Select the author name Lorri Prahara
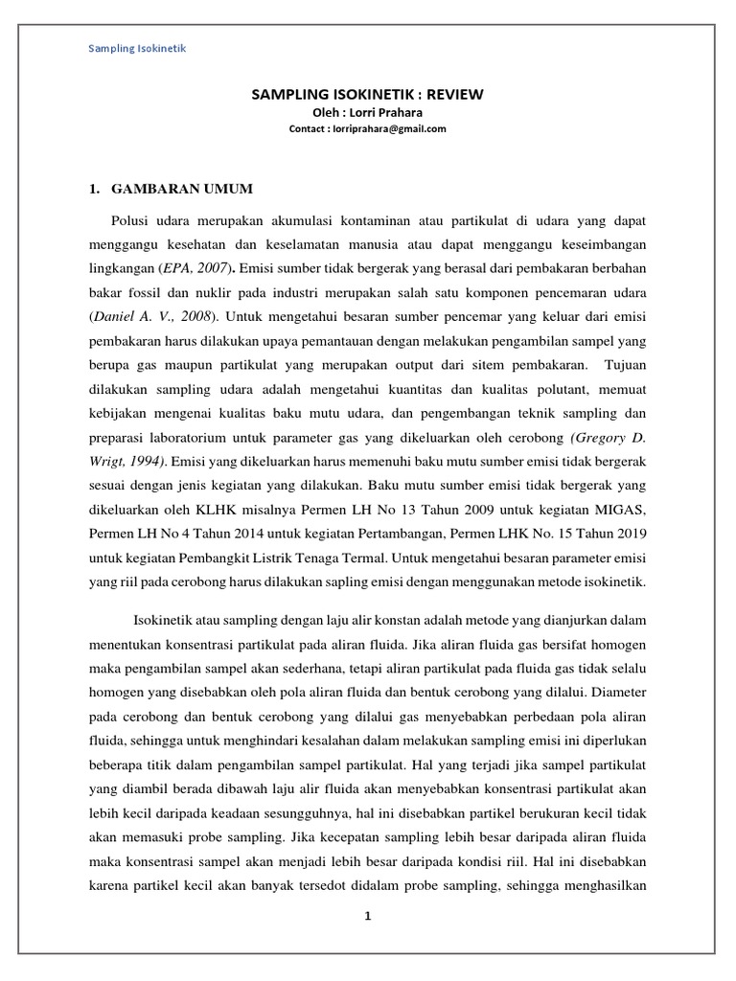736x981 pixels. click(x=383, y=111)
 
